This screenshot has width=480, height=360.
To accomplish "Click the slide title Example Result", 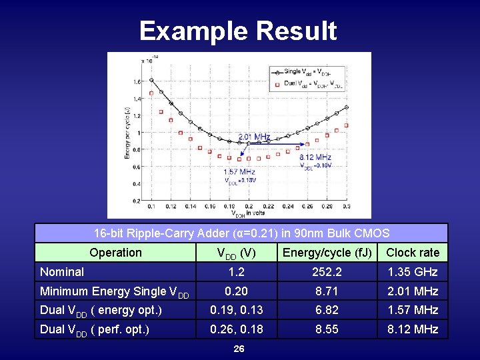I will point(238,31).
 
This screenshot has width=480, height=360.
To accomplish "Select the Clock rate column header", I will point(413,253).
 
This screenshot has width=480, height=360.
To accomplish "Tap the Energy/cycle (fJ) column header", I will point(327,253).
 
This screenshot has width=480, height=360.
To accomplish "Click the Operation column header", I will point(115,253).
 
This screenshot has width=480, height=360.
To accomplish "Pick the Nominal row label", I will point(62,272).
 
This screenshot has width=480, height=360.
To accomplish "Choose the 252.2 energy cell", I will point(327,272).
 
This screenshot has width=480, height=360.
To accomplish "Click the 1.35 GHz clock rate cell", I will point(413,272).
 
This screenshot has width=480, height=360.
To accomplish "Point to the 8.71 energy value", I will point(327,291).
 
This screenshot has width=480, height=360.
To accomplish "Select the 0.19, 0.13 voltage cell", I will point(236,310).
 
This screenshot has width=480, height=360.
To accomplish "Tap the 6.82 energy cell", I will point(327,310).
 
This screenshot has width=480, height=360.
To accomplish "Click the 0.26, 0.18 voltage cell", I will point(236,329).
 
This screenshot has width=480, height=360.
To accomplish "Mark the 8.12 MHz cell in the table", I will point(413,329).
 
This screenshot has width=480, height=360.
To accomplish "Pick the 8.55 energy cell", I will point(327,329).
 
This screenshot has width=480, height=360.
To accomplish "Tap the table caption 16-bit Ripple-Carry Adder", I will point(241,233).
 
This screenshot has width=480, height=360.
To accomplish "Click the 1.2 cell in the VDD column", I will point(236,272).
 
